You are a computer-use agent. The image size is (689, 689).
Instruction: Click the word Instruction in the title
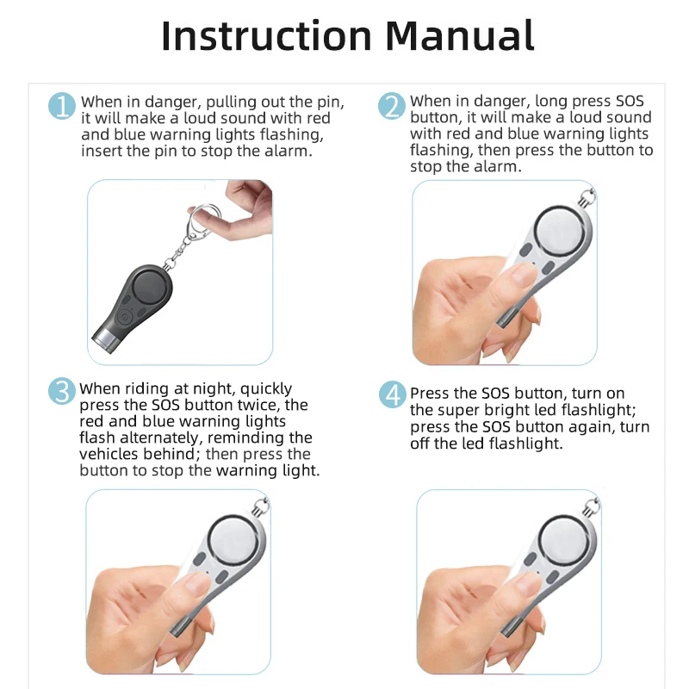(267, 35)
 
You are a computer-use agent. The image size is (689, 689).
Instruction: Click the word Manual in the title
(460, 35)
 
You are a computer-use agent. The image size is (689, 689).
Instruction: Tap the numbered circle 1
(61, 106)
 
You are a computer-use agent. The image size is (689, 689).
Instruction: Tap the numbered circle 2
(392, 106)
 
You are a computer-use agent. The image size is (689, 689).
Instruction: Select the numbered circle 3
(61, 391)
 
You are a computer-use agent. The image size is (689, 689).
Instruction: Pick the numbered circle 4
(393, 394)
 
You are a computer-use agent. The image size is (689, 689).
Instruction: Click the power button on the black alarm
(125, 316)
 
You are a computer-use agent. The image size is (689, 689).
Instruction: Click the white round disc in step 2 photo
(561, 232)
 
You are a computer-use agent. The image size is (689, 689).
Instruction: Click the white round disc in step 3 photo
(233, 540)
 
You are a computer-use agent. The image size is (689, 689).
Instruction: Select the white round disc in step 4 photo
(564, 540)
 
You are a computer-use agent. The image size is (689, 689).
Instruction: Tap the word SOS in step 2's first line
(630, 101)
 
